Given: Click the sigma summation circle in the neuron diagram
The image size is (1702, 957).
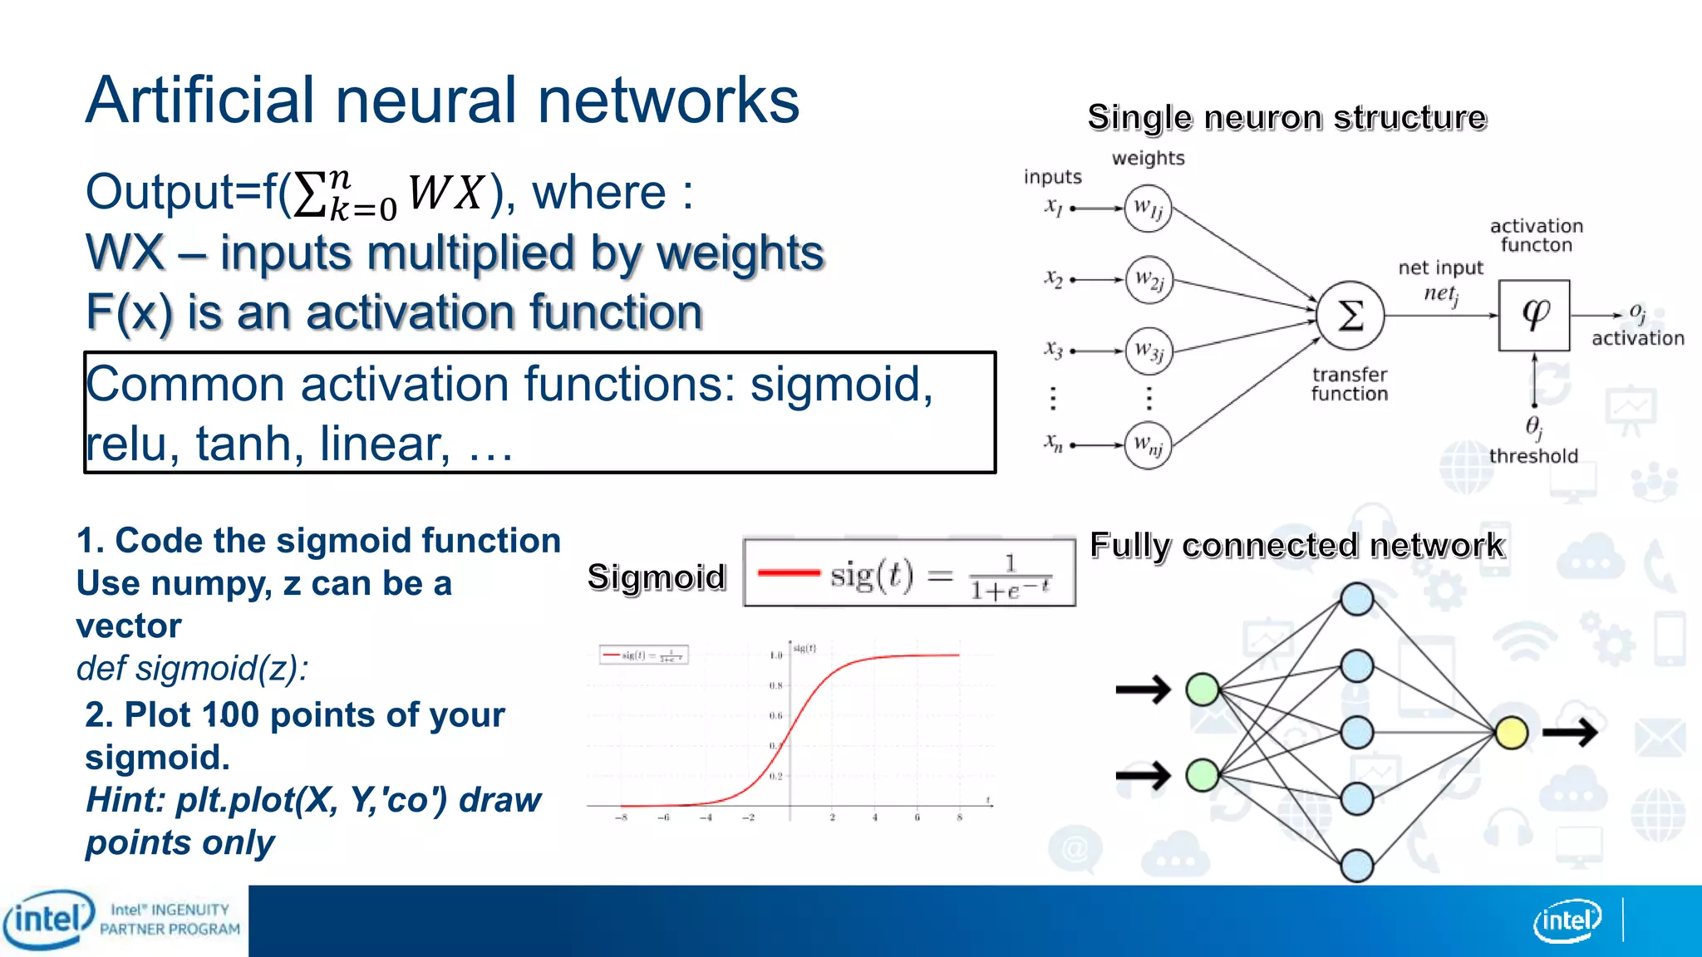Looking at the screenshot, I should (x=1350, y=315).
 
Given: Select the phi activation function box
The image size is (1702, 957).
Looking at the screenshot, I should (x=1534, y=315).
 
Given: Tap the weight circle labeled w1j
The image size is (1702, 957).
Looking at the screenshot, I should (x=1149, y=208).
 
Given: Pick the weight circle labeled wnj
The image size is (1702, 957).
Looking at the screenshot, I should (x=1149, y=445).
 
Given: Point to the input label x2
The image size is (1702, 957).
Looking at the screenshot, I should (x=1053, y=279).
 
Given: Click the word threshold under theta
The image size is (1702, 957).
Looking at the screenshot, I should (x=1533, y=456).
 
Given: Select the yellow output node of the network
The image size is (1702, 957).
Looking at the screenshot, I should (x=1511, y=733).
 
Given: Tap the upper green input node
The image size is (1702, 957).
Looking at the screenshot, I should (x=1203, y=689).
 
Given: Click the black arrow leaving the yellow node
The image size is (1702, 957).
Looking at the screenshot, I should (x=1570, y=733).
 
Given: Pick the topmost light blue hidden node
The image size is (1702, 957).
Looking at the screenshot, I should (x=1357, y=599).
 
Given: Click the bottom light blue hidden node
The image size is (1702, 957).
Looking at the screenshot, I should (x=1357, y=865).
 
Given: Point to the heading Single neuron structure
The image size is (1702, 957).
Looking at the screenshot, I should (x=1286, y=118).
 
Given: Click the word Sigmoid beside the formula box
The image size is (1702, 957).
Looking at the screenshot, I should (x=657, y=577).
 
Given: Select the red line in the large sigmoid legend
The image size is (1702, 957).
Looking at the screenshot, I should (x=789, y=572).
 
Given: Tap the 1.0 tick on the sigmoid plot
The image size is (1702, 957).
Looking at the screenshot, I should (x=775, y=655).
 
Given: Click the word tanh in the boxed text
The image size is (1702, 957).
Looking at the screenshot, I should (x=250, y=444).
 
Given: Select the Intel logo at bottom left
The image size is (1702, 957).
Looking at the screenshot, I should (x=48, y=920).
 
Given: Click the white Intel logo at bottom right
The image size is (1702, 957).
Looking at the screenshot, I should (x=1567, y=920).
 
